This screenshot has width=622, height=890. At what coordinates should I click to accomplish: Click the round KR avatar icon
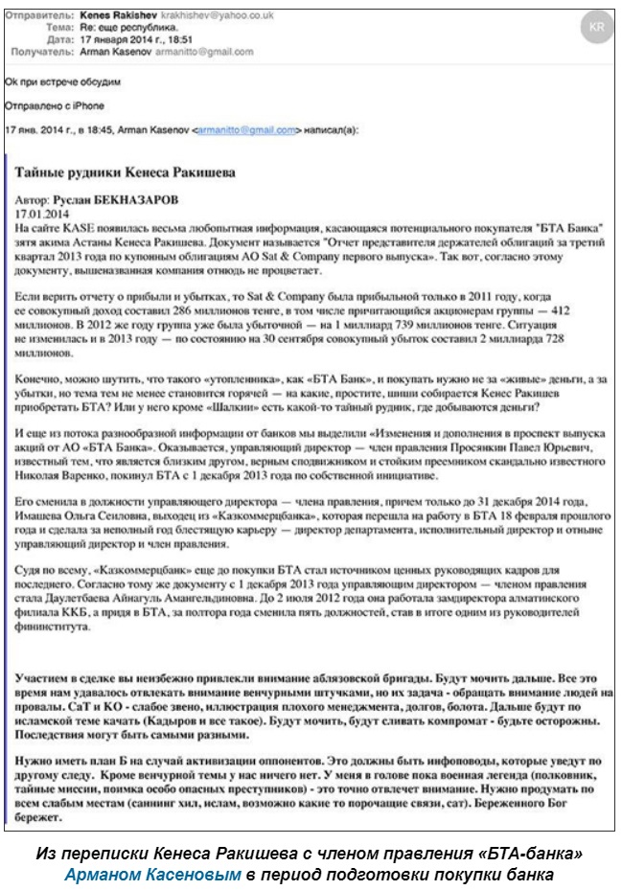(x=595, y=27)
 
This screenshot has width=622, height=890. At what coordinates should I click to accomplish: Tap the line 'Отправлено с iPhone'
(x=54, y=105)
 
